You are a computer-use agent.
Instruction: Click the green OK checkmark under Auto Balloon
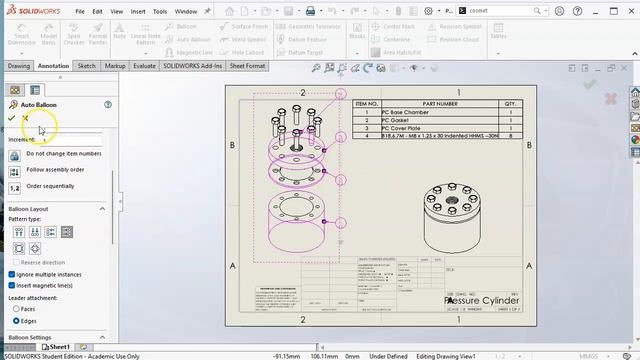point(12,118)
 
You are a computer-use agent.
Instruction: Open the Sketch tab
point(87,66)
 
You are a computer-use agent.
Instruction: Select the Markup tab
point(115,66)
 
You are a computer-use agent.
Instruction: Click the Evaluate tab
point(144,66)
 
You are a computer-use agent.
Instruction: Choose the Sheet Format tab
point(247,66)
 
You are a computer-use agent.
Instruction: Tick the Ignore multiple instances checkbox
point(12,274)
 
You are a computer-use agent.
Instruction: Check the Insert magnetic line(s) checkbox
point(12,285)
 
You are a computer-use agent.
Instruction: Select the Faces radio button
point(16,309)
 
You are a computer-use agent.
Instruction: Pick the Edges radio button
point(16,320)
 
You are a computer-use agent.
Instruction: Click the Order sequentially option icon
point(15,187)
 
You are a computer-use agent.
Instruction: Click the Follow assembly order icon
point(15,170)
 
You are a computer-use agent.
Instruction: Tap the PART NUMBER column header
point(440,103)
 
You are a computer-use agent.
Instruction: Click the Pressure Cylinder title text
point(480,300)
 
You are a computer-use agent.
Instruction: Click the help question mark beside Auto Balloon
point(107,104)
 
